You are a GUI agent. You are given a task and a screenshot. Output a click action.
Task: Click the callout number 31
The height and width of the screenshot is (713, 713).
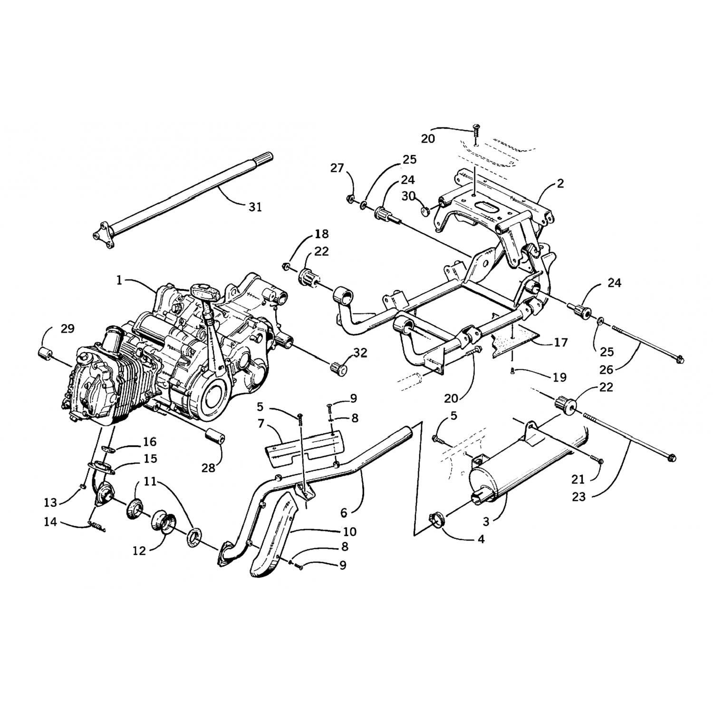coord(255,207)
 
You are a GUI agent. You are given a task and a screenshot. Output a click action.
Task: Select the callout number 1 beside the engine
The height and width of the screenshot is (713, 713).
coord(120,281)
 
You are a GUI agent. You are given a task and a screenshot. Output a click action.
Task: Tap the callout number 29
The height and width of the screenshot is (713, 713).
coord(67,328)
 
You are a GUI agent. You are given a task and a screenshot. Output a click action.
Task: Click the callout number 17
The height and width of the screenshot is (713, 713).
coord(561,342)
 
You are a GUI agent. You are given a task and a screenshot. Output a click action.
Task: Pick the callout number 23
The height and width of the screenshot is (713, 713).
coord(579,498)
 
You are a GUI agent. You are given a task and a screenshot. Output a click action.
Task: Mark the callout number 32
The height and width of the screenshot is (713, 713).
coord(360,352)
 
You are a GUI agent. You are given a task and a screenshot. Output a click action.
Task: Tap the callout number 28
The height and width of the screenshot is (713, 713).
coord(208,468)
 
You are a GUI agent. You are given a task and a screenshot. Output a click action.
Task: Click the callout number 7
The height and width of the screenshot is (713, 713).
coord(260,423)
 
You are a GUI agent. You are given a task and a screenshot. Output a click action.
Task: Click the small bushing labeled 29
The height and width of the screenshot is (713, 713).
coord(47,355)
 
